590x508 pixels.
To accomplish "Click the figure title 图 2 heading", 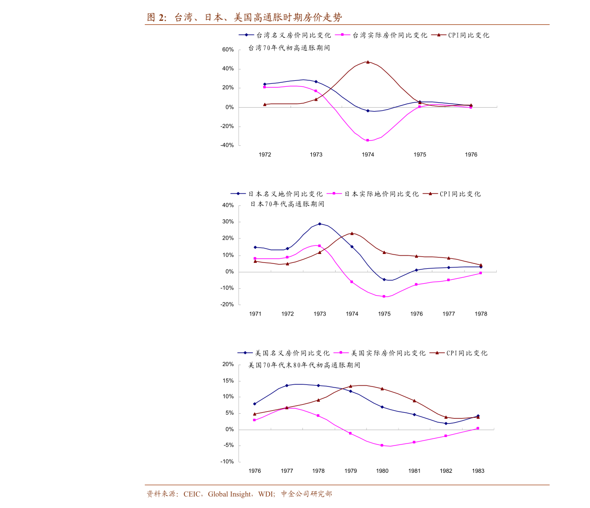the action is click(244, 17).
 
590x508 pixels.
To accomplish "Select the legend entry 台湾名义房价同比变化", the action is click(285, 35).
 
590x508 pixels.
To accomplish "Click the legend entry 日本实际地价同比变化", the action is click(372, 194).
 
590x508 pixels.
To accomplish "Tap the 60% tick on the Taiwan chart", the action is click(228, 50).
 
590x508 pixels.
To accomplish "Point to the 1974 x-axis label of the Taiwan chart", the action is click(368, 155).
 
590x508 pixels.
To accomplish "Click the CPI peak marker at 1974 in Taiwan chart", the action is click(367, 62).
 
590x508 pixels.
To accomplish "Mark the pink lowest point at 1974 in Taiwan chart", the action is click(367, 140).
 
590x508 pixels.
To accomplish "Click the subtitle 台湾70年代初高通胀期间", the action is click(289, 48).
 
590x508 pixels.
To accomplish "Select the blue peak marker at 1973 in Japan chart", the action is click(320, 224).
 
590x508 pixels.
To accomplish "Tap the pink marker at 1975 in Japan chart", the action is click(384, 296).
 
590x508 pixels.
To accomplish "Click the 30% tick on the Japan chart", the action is click(228, 222).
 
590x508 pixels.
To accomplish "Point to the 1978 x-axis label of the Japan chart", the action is click(481, 314).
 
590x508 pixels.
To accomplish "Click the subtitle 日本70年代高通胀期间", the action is click(287, 204).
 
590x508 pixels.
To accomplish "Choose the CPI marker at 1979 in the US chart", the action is click(351, 386).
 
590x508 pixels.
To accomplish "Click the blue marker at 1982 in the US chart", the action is click(446, 423).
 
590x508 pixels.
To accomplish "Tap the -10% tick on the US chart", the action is click(227, 462).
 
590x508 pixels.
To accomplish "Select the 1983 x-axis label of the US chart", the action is click(478, 471).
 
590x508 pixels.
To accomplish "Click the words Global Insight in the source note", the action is click(229, 494).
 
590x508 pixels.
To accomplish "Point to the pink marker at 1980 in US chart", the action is click(382, 445).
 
